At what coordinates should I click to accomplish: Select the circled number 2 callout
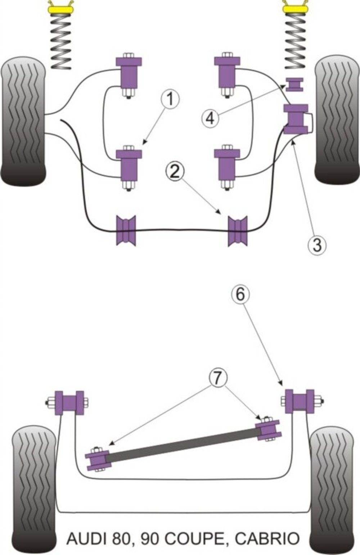tap(174, 172)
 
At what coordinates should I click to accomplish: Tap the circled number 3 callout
tap(317, 245)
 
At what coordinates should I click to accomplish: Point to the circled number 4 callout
tap(210, 118)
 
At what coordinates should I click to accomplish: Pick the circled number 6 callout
tap(240, 294)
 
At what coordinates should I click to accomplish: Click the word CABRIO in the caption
tap(267, 538)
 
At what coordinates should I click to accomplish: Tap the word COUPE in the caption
tap(194, 538)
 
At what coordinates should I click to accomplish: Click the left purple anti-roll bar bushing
tap(126, 230)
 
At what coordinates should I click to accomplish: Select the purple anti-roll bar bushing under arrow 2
tap(238, 230)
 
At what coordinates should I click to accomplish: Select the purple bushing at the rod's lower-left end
tap(97, 459)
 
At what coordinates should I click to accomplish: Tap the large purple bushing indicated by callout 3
tap(296, 119)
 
